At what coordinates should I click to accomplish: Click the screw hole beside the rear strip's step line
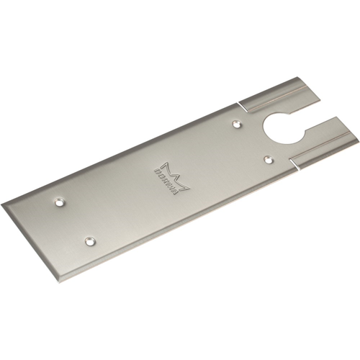[238, 124]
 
